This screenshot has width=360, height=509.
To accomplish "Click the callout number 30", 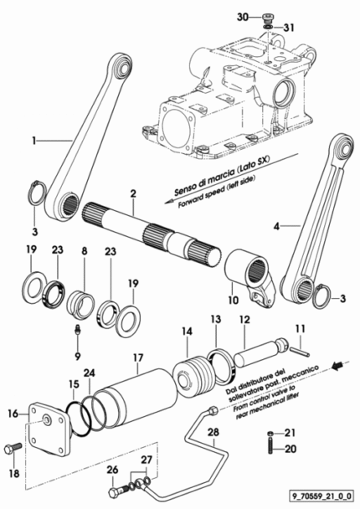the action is point(243,17).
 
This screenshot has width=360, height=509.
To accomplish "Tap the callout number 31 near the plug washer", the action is point(289,28).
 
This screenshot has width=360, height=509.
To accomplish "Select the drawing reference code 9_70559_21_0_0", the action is point(321,496).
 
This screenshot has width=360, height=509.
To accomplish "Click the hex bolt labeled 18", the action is point(13,449).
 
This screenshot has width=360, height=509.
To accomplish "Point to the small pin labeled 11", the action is point(301,352).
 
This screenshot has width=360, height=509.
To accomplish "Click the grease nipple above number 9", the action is point(78,331).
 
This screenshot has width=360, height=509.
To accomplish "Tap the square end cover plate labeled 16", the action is point(49,429).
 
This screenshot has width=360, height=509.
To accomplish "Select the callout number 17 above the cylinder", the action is point(138,357).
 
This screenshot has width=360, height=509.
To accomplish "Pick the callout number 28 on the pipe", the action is point(213,432).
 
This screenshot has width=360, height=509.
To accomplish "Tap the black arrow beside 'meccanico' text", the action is point(337,366).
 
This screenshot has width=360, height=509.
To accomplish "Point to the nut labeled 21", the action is point(270,433).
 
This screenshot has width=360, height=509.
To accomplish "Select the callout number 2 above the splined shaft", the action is point(133,193).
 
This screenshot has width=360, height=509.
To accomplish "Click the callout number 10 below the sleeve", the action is point(233,300).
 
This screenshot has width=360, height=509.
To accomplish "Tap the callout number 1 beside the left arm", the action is point(33,141).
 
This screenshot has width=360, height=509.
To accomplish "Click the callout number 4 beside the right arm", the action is point(276,226).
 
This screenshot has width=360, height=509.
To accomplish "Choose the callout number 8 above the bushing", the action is point(85,251).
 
